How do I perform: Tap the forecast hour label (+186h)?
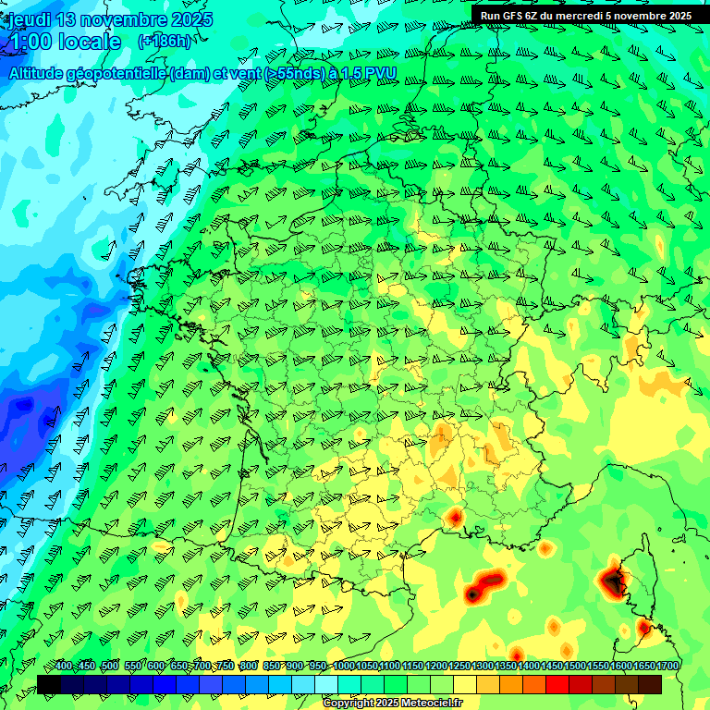[165, 42]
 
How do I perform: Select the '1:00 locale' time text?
[66, 42]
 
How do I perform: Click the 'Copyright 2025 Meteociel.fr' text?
[393, 704]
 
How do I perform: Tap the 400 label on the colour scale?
[64, 667]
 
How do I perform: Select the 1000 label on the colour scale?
[343, 667]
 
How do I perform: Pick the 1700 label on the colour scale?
[668, 667]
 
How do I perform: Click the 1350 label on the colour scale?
[506, 667]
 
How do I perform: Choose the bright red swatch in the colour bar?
[557, 684]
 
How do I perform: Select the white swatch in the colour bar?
[326, 684]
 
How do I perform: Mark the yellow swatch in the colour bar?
[465, 684]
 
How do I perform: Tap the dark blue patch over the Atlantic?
[23, 407]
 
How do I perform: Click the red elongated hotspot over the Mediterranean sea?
[483, 585]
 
